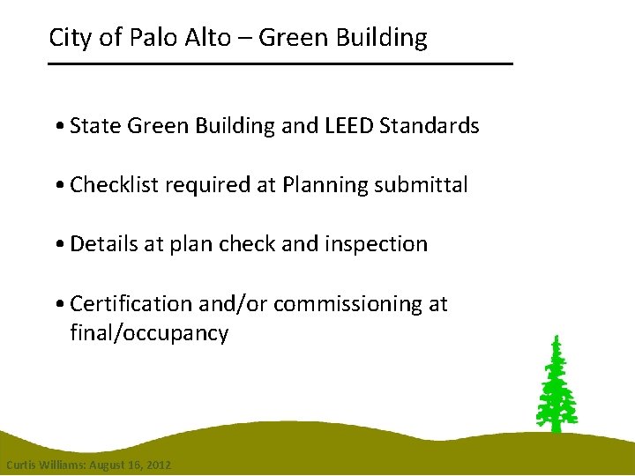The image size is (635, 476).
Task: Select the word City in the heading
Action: [67, 38]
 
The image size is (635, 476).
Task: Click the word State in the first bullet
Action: [95, 126]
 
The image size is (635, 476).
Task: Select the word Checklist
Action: [112, 185]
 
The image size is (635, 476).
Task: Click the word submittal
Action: [420, 185]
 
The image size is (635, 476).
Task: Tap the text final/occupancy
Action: [149, 334]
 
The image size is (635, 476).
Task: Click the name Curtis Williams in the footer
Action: [41, 465]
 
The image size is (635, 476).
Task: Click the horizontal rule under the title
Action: [280, 64]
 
